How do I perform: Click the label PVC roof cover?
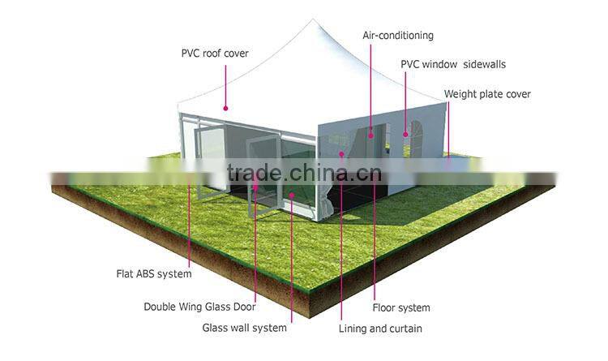214,54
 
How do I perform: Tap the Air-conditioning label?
397,36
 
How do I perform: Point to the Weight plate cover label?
487,94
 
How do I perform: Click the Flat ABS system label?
153,274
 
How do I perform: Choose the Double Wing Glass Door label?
199,307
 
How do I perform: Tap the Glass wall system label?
244,328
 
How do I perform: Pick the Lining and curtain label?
379,329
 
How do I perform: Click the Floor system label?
400,307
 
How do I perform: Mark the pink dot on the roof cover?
225,108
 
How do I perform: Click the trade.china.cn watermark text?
304,174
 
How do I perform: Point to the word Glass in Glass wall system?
216,328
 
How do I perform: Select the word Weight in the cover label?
460,94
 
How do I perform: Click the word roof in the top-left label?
213,54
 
